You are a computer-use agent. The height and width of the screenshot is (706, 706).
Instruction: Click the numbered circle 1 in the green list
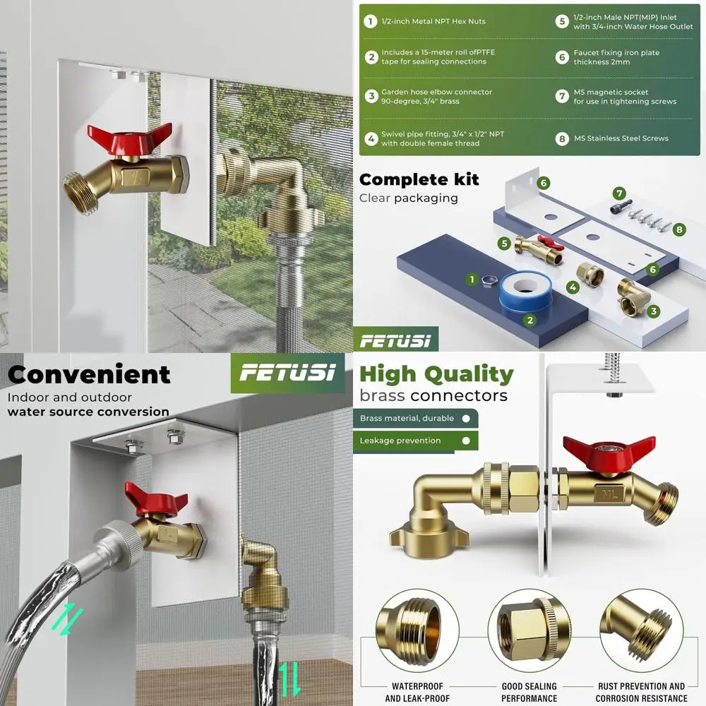tap(369, 21)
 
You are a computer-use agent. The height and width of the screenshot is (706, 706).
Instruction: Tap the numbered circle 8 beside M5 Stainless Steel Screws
tap(562, 138)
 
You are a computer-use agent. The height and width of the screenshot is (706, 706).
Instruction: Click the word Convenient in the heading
tap(89, 374)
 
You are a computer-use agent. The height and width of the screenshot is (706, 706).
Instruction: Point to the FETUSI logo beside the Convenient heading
tap(287, 373)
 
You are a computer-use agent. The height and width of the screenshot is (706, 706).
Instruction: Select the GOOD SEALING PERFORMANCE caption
tap(529, 692)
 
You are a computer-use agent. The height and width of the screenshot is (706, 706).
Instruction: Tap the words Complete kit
tap(419, 179)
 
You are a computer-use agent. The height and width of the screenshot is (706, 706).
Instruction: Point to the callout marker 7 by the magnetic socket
tap(619, 193)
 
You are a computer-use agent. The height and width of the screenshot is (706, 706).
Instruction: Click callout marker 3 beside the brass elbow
tap(654, 311)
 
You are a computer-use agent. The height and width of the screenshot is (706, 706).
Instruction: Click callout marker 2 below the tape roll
tap(529, 320)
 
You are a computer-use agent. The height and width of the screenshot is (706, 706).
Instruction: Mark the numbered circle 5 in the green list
tap(562, 21)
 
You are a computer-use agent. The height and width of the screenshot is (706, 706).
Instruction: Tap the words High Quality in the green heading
tap(436, 374)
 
